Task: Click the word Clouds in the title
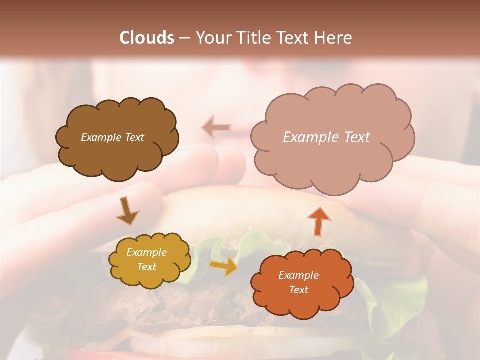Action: point(147,38)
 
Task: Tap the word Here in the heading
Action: point(334,38)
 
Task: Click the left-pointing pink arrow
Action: point(216,128)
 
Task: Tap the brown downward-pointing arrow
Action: point(127,211)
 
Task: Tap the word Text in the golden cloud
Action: point(147,267)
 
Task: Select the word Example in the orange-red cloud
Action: point(298,275)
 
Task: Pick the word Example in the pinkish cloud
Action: point(310,137)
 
